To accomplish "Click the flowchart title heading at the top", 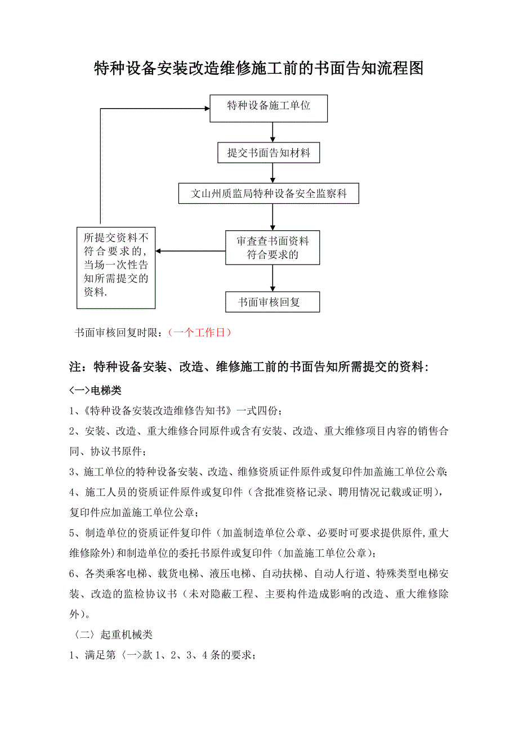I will pyautogui.click(x=258, y=69).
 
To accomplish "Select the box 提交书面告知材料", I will pyautogui.click(x=269, y=153).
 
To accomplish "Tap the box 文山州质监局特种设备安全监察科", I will pyautogui.click(x=269, y=194).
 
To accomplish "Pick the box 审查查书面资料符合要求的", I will pyautogui.click(x=273, y=248).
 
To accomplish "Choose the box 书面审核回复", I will pyautogui.click(x=273, y=302).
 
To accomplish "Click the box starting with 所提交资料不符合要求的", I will pyautogui.click(x=116, y=267).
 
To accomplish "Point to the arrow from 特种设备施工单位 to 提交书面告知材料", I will pyautogui.click(x=273, y=132).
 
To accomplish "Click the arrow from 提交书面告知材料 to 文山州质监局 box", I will pyautogui.click(x=273, y=173).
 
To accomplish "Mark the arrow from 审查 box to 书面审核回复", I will pyautogui.click(x=273, y=278).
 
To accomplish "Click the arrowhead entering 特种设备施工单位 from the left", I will pyautogui.click(x=205, y=109).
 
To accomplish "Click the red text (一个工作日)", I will pyautogui.click(x=200, y=333).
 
